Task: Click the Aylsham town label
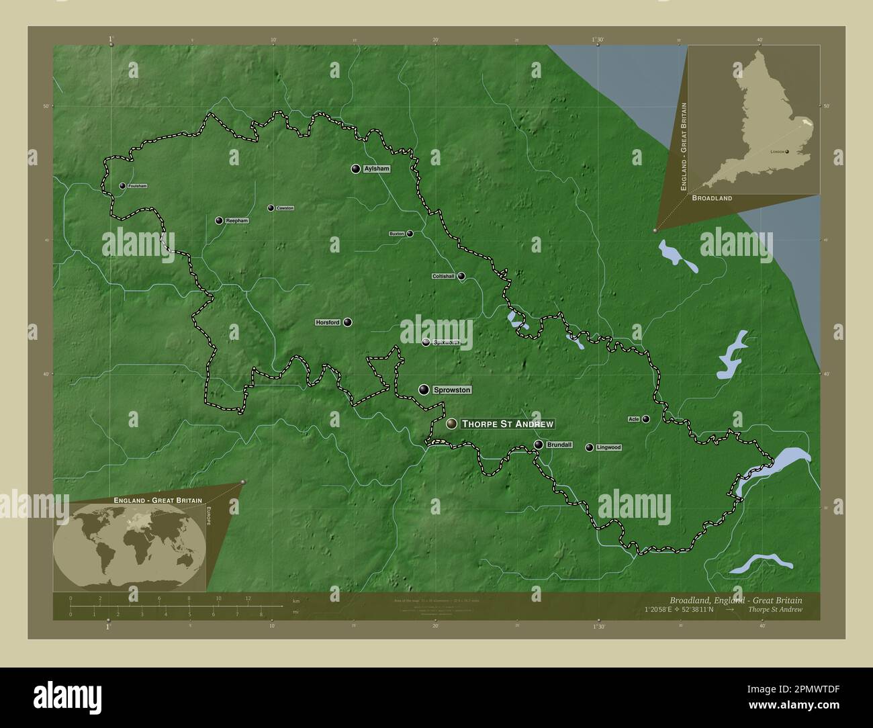[x=376, y=169]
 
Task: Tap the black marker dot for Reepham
[x=219, y=220]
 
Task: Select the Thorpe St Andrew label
[x=508, y=424]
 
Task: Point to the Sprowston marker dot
[x=424, y=390]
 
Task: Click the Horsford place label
[x=328, y=323]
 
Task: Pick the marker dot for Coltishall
[x=461, y=276]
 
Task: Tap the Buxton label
[x=397, y=234]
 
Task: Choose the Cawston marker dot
[x=271, y=208]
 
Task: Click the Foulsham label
[x=137, y=186]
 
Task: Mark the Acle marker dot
[x=646, y=419]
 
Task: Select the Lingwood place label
[x=608, y=447]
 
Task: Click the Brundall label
[x=559, y=445]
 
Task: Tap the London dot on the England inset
[x=787, y=152]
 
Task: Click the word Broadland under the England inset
[x=712, y=198]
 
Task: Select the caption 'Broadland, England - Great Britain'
[x=735, y=600]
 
